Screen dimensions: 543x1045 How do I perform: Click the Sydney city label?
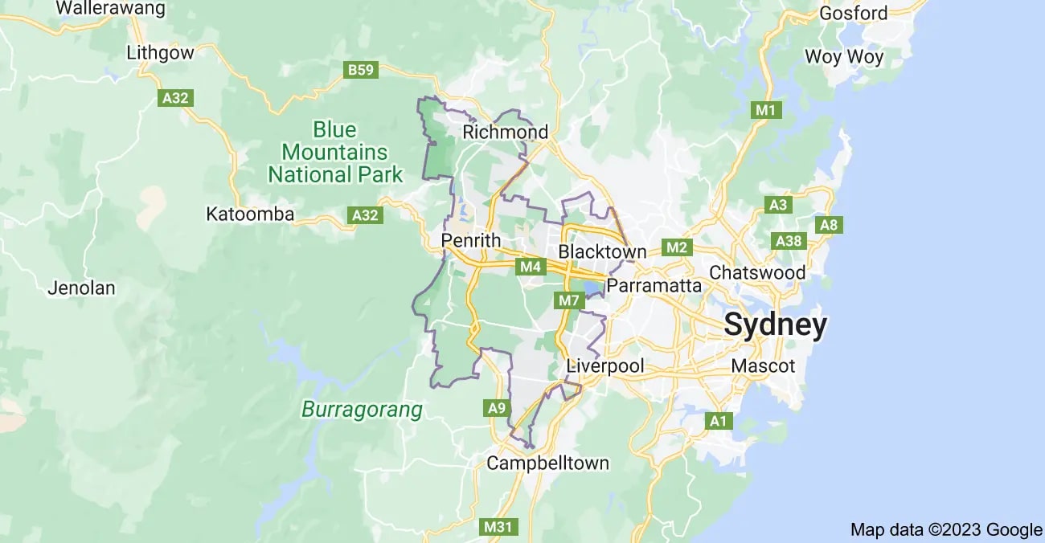(x=775, y=325)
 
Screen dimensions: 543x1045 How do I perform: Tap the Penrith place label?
(x=471, y=240)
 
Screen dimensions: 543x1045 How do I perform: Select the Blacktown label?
(x=602, y=252)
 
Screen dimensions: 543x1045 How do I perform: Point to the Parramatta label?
(x=654, y=286)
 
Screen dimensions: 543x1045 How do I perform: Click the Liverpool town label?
(x=605, y=366)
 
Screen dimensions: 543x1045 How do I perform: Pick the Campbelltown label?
(x=547, y=463)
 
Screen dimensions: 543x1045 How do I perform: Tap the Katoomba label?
(x=250, y=214)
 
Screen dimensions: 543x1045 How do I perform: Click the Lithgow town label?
(x=161, y=53)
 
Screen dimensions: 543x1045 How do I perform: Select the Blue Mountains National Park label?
(x=335, y=152)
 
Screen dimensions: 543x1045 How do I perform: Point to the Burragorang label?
(x=362, y=410)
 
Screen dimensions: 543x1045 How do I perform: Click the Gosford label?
(x=853, y=13)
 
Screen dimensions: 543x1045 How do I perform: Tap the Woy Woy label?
(x=844, y=57)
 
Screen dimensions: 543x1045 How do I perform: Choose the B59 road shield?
(x=361, y=71)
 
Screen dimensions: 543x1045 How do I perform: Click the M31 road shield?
(x=498, y=527)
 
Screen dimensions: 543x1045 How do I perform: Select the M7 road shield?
(x=568, y=301)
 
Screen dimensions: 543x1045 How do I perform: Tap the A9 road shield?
(x=498, y=408)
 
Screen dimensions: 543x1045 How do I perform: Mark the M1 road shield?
(x=767, y=110)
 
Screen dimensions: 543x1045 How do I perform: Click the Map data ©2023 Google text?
(x=946, y=529)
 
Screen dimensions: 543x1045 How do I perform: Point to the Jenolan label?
(x=81, y=288)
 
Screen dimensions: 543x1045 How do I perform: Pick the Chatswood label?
(x=757, y=272)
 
